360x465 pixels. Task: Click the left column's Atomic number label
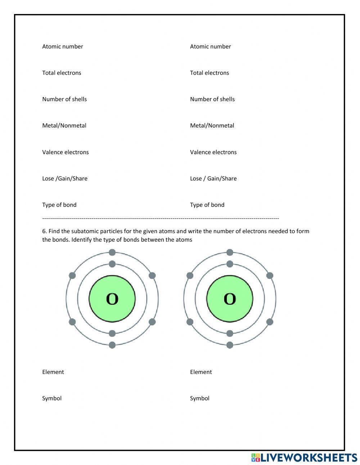point(62,46)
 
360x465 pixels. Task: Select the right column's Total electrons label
point(209,73)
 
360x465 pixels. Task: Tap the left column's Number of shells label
point(64,99)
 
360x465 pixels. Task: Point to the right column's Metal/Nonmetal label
point(212,125)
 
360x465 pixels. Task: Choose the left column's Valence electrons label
point(65,152)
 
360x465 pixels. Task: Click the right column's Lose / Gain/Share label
point(213,178)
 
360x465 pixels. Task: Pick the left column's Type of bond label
point(59,205)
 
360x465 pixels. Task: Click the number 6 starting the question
point(44,231)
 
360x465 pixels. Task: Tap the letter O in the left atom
point(112,299)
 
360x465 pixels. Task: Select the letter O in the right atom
point(230,299)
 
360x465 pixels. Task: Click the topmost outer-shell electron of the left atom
point(112,252)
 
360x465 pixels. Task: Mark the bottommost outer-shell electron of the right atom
point(230,345)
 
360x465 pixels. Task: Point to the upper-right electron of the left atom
point(152,276)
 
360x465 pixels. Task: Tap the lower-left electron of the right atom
point(190,322)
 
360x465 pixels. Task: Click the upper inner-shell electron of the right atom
point(230,264)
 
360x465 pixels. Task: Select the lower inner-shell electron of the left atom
point(112,334)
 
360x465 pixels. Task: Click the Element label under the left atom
point(53,372)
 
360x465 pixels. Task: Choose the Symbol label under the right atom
point(199,398)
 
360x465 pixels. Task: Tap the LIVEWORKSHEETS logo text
point(308,457)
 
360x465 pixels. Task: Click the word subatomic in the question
point(85,231)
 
